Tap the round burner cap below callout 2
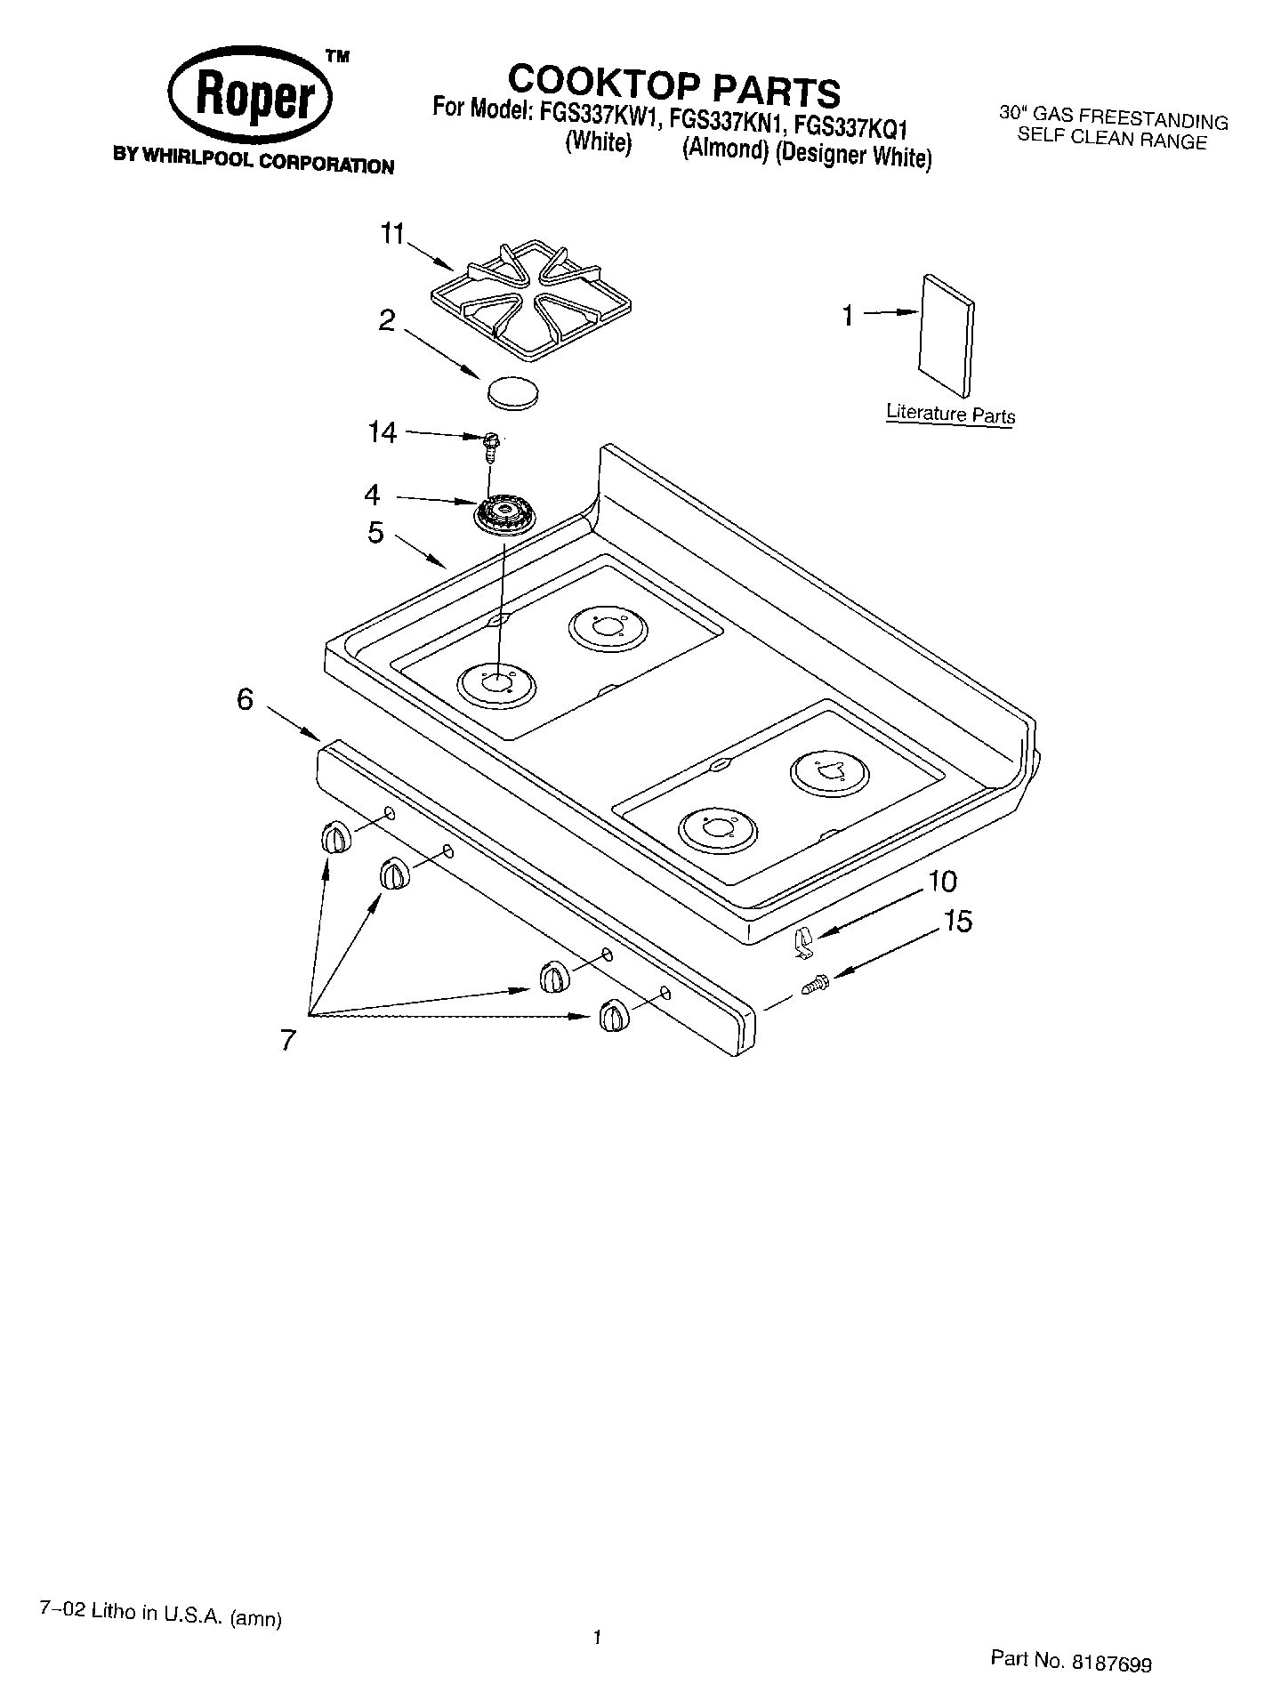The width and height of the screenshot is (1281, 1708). (514, 392)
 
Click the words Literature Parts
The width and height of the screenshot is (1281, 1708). (950, 414)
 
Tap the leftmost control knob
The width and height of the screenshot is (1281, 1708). (334, 838)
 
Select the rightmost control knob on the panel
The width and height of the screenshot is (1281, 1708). (613, 1015)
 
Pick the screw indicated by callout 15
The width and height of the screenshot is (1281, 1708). (815, 985)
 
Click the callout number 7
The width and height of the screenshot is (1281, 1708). (287, 1039)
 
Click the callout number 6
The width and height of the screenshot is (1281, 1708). (245, 700)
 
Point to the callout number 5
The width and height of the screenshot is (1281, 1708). (375, 533)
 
